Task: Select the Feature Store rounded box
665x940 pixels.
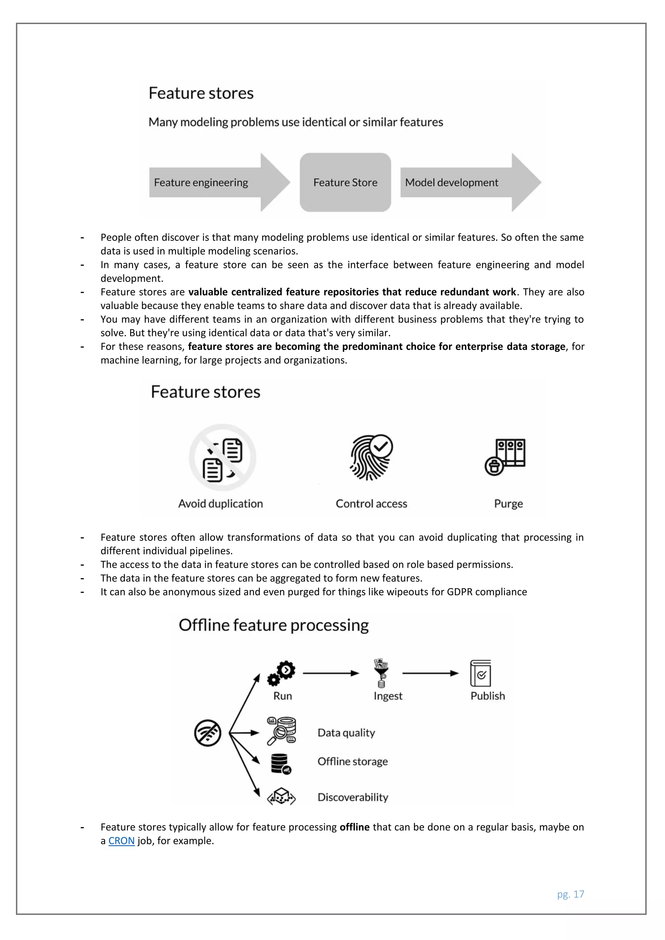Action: (345, 183)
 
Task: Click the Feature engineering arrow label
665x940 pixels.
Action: (201, 183)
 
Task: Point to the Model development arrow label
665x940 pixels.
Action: (451, 183)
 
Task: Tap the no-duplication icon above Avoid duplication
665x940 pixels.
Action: (222, 458)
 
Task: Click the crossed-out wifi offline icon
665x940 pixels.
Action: (207, 733)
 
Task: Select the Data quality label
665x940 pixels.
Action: (346, 733)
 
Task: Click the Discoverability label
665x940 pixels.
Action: (353, 797)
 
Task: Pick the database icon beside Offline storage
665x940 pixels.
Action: (281, 764)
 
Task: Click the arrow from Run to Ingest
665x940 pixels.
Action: (331, 673)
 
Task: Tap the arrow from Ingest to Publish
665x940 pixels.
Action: (430, 673)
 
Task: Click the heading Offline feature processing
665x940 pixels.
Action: (273, 625)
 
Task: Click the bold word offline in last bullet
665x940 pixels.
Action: (355, 827)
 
